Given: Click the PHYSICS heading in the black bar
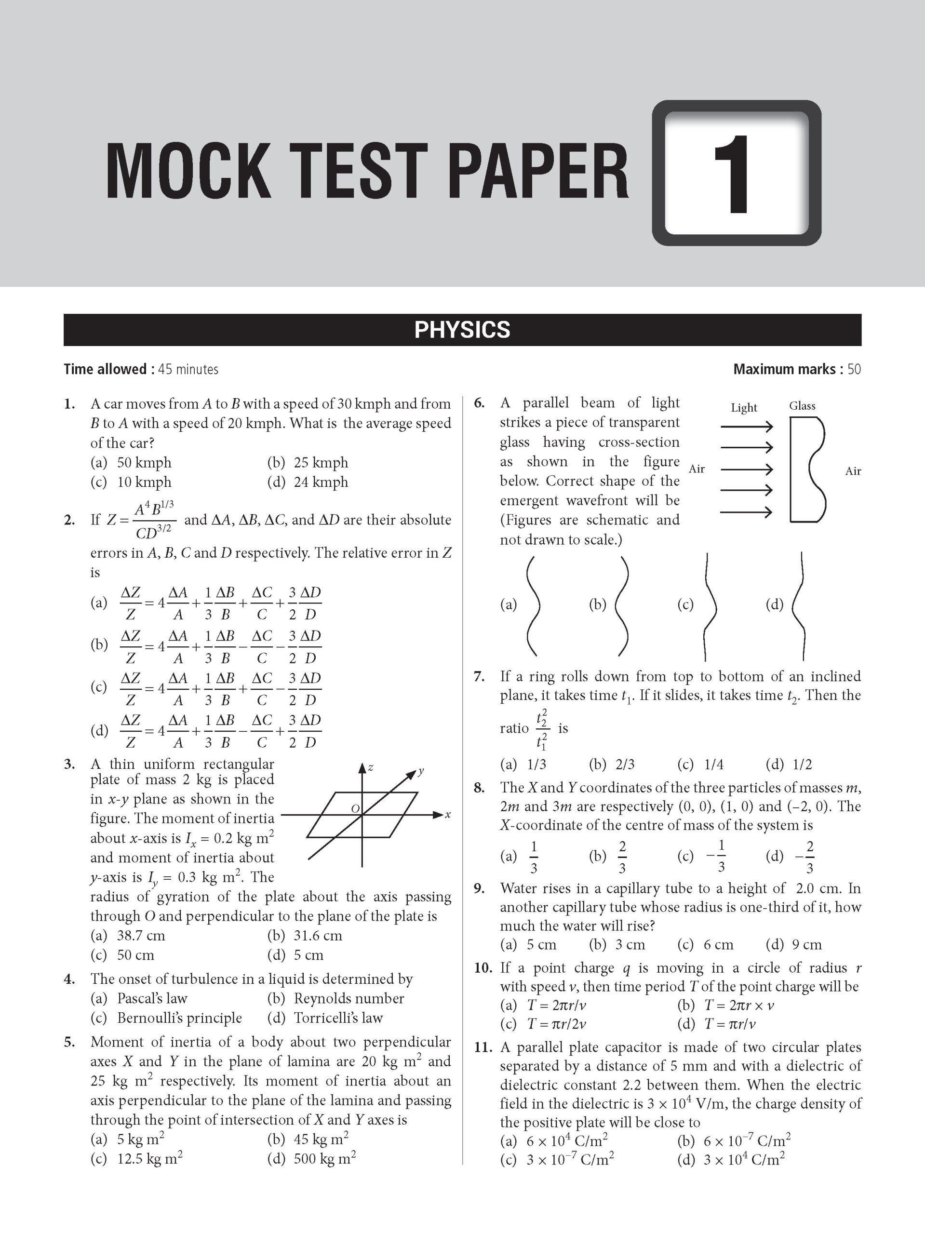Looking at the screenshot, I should click(462, 330).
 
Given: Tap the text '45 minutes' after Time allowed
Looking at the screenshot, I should click(188, 369).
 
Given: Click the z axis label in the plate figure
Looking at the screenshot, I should click(371, 767).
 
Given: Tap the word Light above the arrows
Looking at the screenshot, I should click(744, 408).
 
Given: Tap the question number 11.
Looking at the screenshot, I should click(483, 1047).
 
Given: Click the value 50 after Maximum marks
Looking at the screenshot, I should click(854, 369).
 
